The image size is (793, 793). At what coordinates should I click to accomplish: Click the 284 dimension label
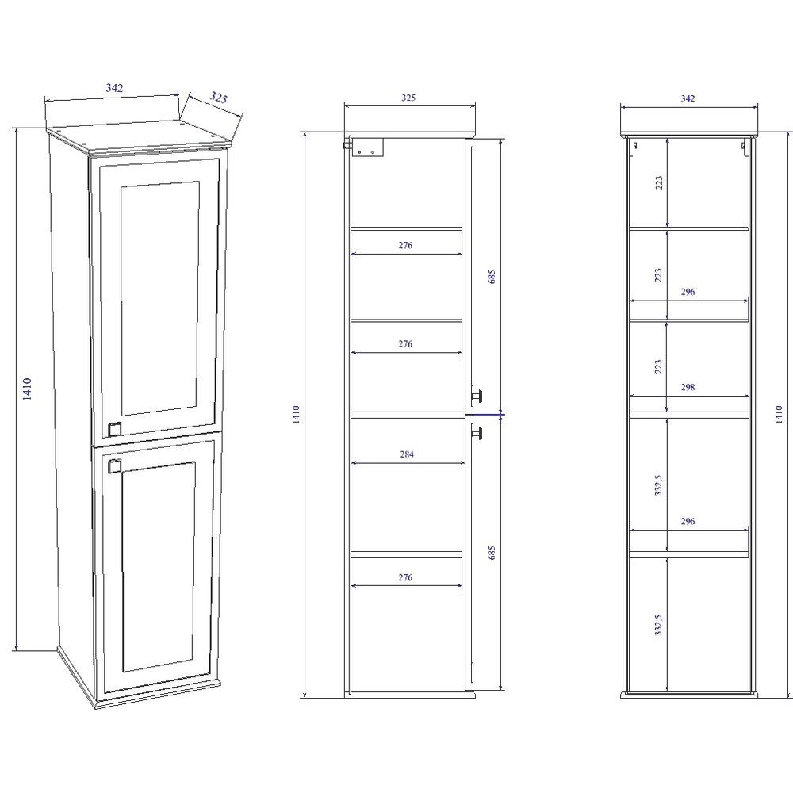407,454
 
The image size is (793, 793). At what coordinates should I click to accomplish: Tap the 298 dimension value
688,387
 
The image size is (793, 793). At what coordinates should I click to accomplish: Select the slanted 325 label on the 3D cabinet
219,97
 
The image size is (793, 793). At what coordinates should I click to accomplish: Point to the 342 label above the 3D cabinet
114,87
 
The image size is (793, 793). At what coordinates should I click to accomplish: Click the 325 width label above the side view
408,98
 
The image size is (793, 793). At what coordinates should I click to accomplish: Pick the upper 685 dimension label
492,277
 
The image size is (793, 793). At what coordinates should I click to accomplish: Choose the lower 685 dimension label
492,553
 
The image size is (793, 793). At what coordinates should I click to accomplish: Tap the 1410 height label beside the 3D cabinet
27,389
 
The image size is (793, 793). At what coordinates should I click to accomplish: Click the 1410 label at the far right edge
780,414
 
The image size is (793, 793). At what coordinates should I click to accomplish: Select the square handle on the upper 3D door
115,428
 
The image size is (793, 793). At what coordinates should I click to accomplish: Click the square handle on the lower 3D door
113,465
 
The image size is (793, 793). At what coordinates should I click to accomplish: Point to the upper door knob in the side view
477,396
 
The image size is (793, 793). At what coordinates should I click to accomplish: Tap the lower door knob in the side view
477,433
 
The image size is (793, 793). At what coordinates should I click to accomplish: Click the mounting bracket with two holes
368,148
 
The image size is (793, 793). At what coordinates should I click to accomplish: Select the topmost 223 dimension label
658,183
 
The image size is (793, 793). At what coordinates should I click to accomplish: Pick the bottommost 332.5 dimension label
658,625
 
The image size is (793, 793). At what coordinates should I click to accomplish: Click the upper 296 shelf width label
688,291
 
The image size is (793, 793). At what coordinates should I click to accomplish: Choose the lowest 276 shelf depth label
405,577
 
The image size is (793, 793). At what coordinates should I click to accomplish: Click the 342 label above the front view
688,98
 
